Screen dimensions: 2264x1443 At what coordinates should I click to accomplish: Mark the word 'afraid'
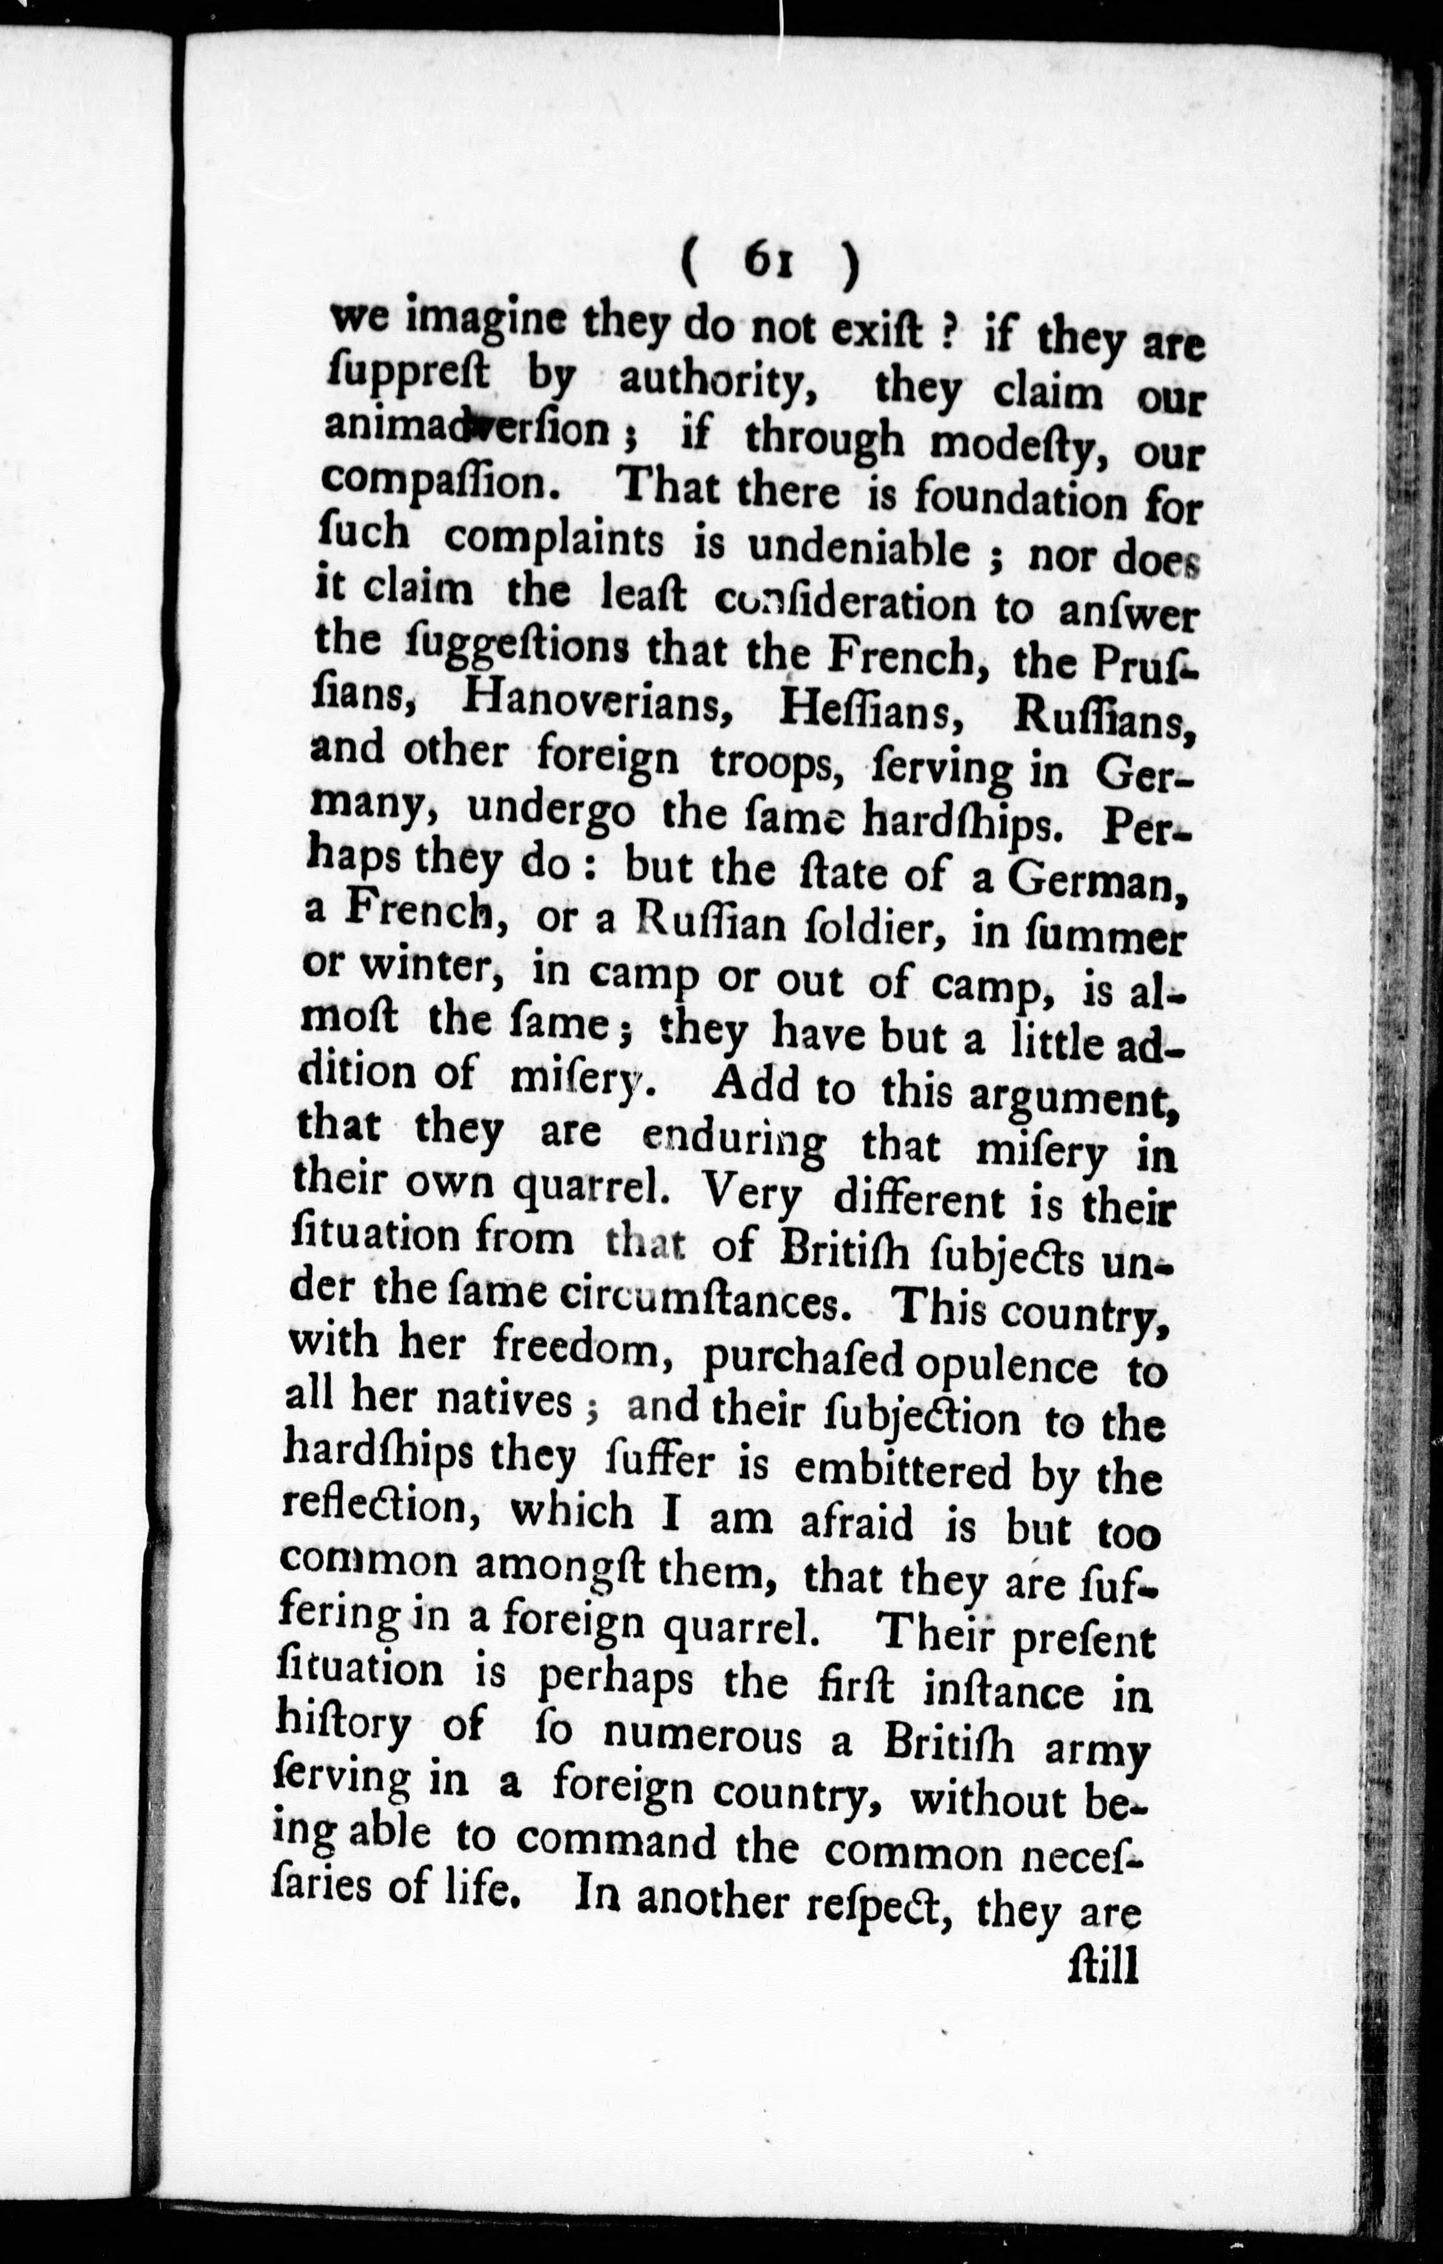tap(856, 1521)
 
